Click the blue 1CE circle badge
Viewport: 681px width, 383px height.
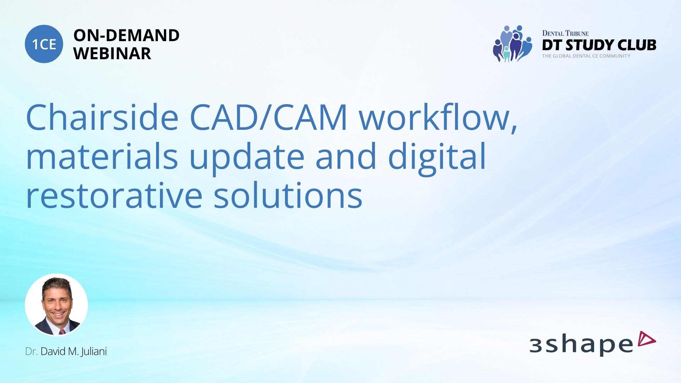click(x=44, y=44)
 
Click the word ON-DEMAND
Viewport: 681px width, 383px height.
click(x=126, y=35)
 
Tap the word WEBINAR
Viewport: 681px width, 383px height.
click(x=112, y=54)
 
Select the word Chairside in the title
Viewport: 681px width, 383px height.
click(x=102, y=117)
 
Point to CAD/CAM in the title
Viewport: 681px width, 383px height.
click(x=268, y=117)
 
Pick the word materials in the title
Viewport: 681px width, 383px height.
click(x=102, y=156)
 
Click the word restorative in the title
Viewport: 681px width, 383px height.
click(x=114, y=195)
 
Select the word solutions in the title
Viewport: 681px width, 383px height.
click(x=288, y=195)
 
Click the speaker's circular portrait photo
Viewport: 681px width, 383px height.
click(x=56, y=305)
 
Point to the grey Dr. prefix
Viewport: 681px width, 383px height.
click(x=31, y=351)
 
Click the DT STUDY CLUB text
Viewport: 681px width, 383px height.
click(x=599, y=45)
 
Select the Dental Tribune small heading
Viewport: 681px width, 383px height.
click(x=565, y=33)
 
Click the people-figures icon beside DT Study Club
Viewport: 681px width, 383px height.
click(x=513, y=44)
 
